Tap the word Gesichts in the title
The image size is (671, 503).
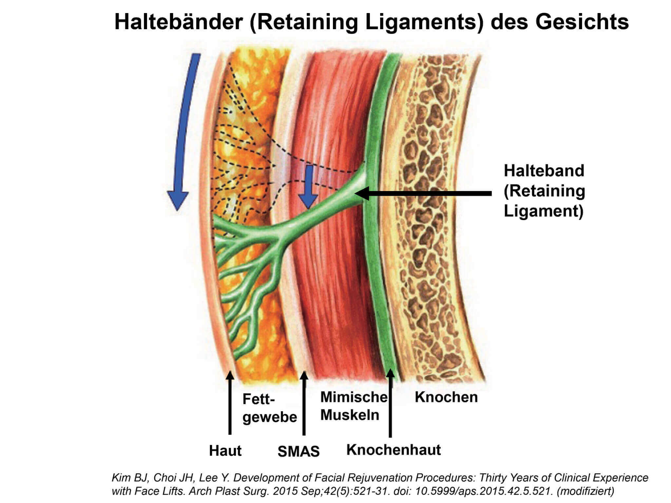point(582,22)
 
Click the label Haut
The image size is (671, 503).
point(225,451)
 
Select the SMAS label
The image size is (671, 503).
point(298,452)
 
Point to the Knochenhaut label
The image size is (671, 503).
point(393,450)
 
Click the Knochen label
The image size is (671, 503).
point(446,397)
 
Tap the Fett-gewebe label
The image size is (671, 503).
point(269,408)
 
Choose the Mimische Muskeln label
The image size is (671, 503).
point(353,406)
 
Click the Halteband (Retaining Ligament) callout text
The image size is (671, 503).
point(544,191)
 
